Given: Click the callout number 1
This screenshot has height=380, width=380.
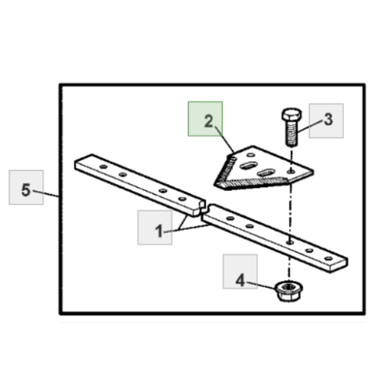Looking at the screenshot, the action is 159,231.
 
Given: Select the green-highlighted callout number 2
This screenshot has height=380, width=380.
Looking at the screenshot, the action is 208,121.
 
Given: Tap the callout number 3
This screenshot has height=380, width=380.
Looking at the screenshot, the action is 328,120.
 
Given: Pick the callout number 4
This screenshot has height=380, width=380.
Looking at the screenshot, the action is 240,281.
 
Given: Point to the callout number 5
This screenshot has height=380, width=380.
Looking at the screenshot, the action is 26,189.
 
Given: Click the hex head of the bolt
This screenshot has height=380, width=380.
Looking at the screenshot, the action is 292,115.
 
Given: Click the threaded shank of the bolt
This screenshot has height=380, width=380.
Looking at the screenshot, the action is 292,134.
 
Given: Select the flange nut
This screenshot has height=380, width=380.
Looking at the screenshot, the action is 289,291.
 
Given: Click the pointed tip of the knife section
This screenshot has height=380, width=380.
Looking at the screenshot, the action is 216,185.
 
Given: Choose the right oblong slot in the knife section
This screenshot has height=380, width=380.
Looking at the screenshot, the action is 266,172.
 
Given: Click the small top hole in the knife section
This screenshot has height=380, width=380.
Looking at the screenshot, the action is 251,155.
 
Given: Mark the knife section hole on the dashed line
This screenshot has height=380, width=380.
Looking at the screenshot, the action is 291,172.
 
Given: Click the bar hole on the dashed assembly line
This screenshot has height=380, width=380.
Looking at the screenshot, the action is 289,242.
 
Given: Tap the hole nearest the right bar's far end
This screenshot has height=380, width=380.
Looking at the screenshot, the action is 328,258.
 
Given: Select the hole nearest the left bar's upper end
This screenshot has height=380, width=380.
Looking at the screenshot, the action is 103,167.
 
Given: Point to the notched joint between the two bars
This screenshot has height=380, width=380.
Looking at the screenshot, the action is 204,208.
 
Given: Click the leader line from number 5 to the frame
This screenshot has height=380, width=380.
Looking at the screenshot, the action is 46,194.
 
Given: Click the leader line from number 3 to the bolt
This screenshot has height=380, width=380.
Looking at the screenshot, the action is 311,126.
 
